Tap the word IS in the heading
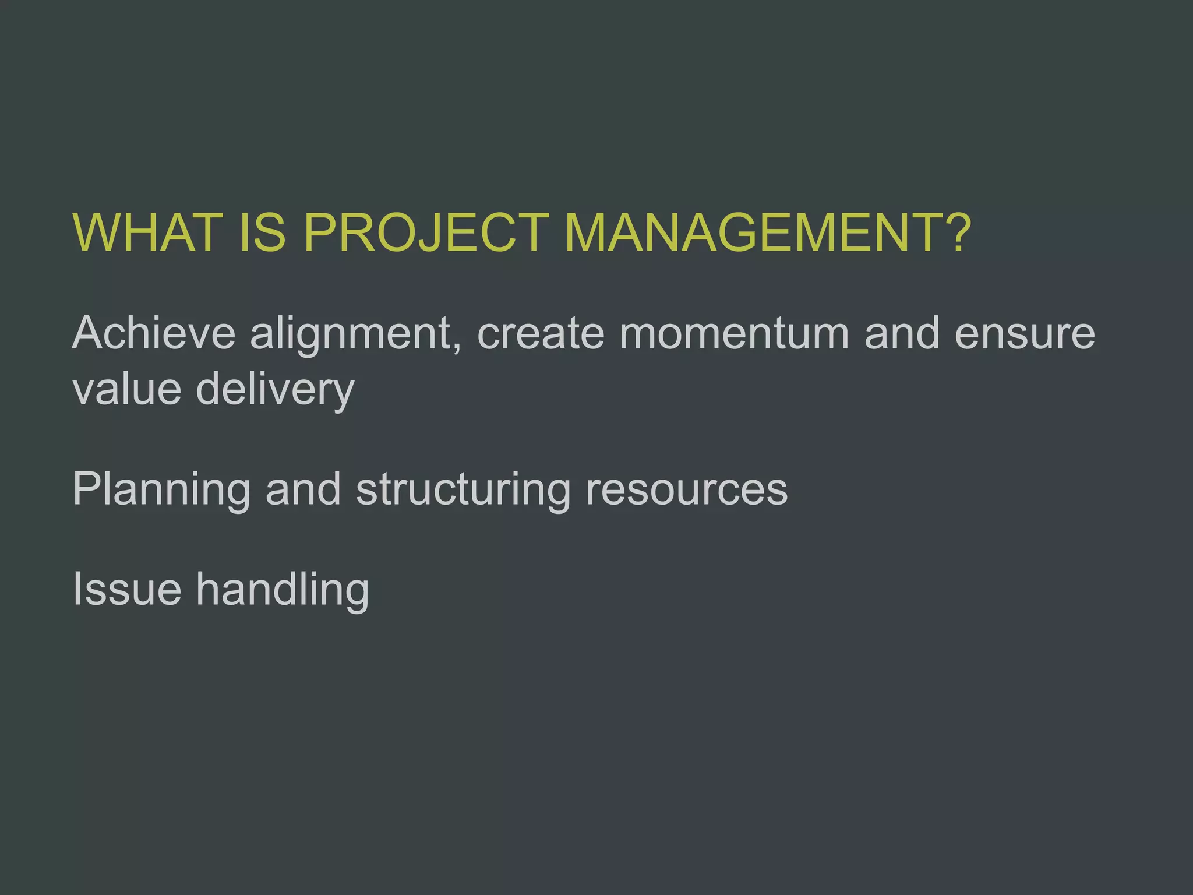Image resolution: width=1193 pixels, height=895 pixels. pos(262,232)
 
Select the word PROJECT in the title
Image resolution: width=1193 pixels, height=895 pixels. pos(426,232)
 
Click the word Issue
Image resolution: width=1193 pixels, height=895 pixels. pos(127,590)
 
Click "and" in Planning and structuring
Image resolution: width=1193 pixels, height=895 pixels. pos(303,489)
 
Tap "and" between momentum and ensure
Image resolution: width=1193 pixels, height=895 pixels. pos(902,333)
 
